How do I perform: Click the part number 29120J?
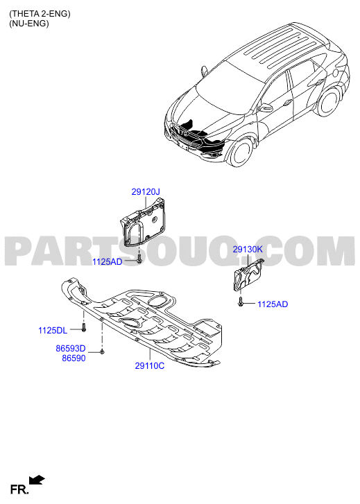click(x=146, y=192)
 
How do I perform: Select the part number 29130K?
click(x=248, y=249)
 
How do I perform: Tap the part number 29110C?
click(x=150, y=366)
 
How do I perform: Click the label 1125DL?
click(x=53, y=331)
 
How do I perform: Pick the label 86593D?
click(x=71, y=349)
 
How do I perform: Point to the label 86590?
click(x=74, y=358)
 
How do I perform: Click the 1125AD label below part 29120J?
click(x=108, y=262)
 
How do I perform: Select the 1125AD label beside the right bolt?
click(x=273, y=304)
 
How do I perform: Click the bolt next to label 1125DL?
click(x=84, y=327)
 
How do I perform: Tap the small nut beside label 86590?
click(x=102, y=351)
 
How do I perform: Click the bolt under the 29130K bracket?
click(x=240, y=302)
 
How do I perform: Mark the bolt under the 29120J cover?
click(x=139, y=259)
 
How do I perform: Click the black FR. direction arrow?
click(x=37, y=480)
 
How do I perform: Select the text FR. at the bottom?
click(x=19, y=489)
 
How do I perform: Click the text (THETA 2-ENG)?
click(x=40, y=13)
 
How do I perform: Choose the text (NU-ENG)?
click(x=29, y=23)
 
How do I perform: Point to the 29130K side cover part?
click(x=248, y=275)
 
